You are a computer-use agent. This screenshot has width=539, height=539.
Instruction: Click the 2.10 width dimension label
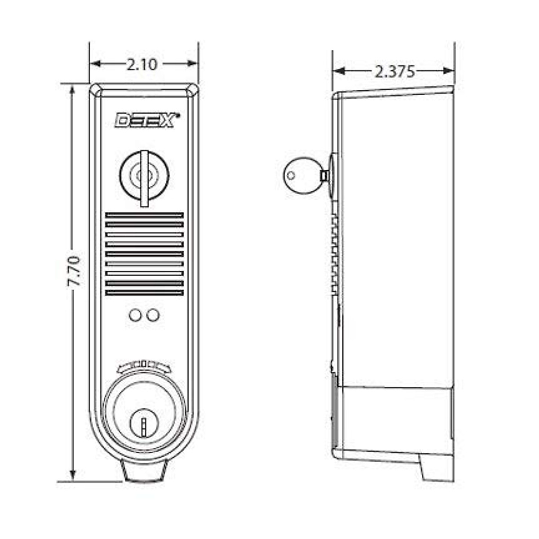(x=142, y=65)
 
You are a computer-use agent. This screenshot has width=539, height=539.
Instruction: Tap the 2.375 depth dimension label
(x=395, y=71)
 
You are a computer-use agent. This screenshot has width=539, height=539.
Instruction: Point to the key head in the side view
(x=300, y=175)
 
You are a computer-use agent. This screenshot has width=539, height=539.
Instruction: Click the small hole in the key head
(x=291, y=176)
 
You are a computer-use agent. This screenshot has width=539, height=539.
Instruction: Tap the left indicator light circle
(x=135, y=315)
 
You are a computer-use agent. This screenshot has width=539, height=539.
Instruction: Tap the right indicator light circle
(x=153, y=315)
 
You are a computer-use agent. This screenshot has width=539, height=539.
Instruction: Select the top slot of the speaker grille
(x=144, y=215)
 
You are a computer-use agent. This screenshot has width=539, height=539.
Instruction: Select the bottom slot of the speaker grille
(x=144, y=293)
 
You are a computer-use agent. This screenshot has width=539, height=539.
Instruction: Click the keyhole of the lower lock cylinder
(x=144, y=424)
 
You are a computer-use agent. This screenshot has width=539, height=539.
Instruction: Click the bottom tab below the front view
(x=144, y=472)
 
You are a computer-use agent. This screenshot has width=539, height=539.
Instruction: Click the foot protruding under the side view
(x=435, y=467)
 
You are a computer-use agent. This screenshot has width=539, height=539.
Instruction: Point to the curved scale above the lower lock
(x=144, y=366)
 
